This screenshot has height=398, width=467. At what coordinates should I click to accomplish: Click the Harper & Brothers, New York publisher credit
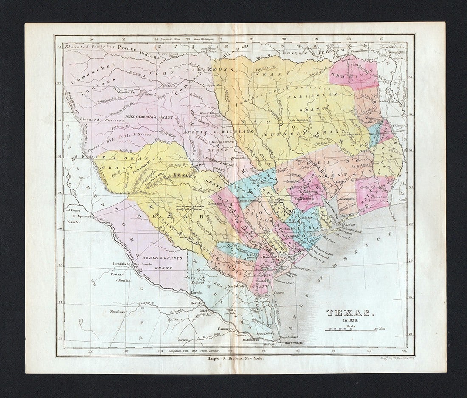pyautogui.click(x=235, y=359)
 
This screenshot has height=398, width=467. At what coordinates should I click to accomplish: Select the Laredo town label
pyautogui.click(x=197, y=293)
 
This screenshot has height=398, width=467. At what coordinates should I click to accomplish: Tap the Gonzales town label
pyautogui.click(x=215, y=204)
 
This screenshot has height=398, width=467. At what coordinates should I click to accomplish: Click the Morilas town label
pyautogui.click(x=124, y=281)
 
